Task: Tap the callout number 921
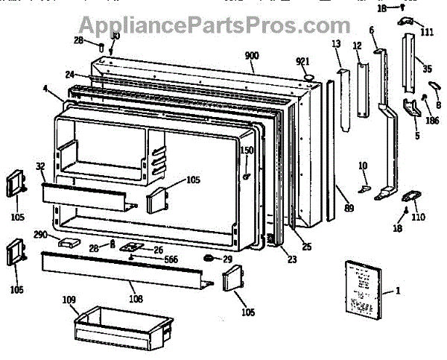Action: (x=302, y=60)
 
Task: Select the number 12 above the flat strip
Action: (x=357, y=46)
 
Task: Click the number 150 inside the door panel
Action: (x=247, y=151)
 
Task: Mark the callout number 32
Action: (x=40, y=166)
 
